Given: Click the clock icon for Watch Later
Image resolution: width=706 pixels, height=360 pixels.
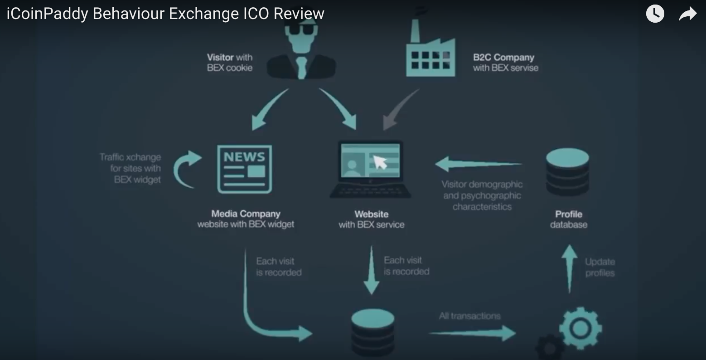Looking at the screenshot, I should tap(655, 14).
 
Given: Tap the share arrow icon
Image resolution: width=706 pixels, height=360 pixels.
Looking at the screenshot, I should tap(687, 14).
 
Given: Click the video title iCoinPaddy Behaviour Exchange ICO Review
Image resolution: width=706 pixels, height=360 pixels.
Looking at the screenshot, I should tap(165, 14).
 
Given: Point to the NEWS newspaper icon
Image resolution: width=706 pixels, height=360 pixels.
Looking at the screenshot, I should tap(245, 169).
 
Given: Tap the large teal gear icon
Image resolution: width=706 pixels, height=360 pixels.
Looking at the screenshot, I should tap(580, 328).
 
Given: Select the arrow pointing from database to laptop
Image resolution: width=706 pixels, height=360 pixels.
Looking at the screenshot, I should tap(478, 164).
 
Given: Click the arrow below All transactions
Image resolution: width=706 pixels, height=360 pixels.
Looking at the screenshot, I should tap(472, 333).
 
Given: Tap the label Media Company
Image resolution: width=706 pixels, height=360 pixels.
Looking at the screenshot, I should tap(246, 214).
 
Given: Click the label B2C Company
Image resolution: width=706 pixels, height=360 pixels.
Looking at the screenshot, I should tap(503, 58).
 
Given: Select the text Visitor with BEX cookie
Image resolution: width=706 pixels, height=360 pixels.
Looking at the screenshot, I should tap(230, 63).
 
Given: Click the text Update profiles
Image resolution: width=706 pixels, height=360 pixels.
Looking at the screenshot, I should tap(600, 268).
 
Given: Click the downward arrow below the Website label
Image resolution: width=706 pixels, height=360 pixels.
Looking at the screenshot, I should tap(372, 270).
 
